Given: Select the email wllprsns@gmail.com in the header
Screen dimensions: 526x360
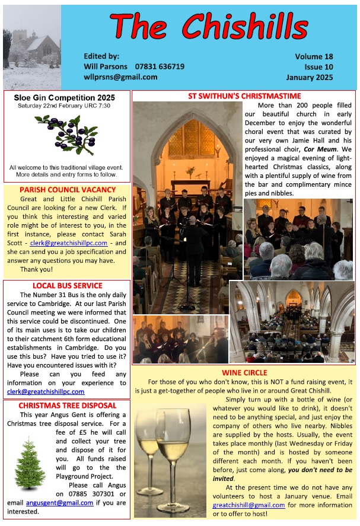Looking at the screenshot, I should [120, 77].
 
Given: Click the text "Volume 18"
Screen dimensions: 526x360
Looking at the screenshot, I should [314, 56].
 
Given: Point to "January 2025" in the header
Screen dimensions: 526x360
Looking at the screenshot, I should [309, 77].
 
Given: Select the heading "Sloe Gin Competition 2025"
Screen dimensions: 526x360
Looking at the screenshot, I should [64, 97].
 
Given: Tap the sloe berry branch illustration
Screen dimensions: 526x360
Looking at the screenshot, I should [66, 133].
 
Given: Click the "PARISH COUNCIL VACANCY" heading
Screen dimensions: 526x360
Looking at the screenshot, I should [65, 190].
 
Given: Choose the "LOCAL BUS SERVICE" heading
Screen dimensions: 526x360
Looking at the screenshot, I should [67, 285].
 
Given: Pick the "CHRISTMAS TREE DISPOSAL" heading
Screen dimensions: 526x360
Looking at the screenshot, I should [67, 406].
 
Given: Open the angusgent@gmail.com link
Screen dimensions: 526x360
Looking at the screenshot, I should [59, 502].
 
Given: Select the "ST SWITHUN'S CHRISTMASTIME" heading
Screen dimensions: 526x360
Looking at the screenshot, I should [244, 95].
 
